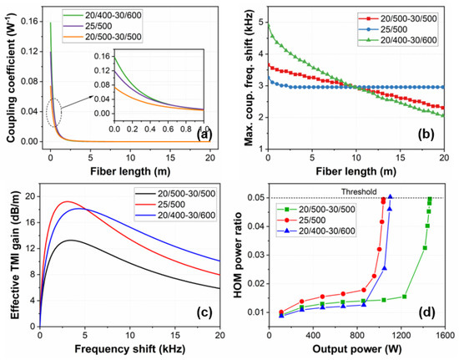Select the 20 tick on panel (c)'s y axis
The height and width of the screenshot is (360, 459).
click(x=28, y=195)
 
